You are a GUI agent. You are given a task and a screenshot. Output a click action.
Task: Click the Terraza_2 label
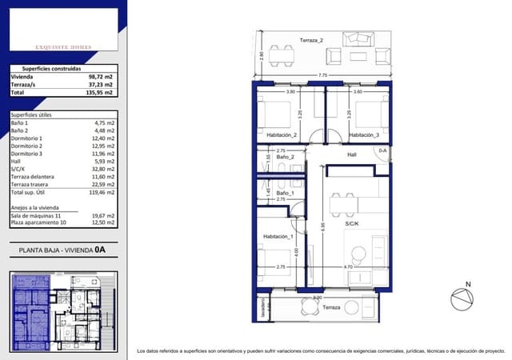pyautogui.click(x=310, y=40)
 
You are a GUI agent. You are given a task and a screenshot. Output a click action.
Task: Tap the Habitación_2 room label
pyautogui.click(x=282, y=135)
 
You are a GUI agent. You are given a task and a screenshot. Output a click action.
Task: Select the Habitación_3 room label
pyautogui.click(x=364, y=135)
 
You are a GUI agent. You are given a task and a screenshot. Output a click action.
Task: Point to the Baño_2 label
pyautogui.click(x=286, y=157)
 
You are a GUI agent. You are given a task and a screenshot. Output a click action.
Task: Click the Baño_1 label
pyautogui.click(x=286, y=194)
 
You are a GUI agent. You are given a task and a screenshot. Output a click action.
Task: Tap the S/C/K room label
pyautogui.click(x=353, y=225)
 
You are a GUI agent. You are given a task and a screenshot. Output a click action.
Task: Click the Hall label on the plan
pyautogui.click(x=351, y=155)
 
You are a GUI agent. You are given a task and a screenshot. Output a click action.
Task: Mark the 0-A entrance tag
pyautogui.click(x=382, y=150)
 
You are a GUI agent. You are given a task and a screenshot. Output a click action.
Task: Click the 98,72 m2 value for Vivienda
pyautogui.click(x=101, y=78)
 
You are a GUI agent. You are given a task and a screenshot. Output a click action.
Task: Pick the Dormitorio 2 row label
pyautogui.click(x=27, y=146)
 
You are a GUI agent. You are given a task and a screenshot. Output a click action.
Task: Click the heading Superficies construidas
pyautogui.click(x=50, y=69)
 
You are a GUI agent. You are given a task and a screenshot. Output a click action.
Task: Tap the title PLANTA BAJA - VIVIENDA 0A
pyautogui.click(x=62, y=250)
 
